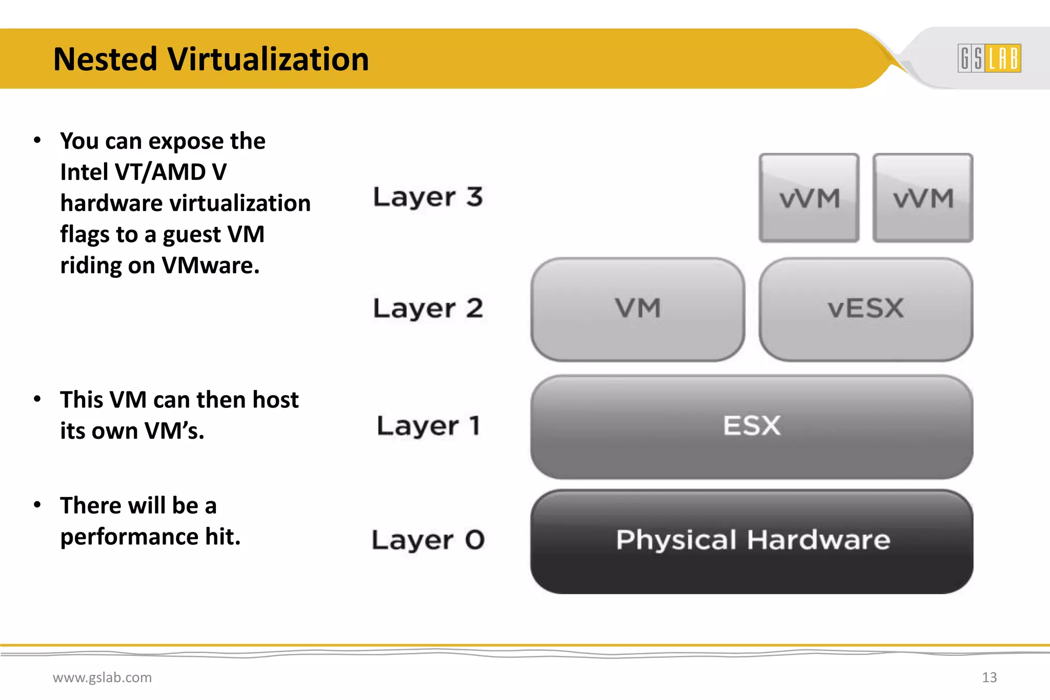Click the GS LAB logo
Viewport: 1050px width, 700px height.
point(989,58)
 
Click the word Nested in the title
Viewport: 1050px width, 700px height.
point(105,59)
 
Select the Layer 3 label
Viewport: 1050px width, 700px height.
point(428,197)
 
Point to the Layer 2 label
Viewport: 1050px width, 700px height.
point(428,308)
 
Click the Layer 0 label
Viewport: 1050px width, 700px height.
point(428,540)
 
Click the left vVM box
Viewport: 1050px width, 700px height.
point(809,198)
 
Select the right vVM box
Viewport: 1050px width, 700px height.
point(923,198)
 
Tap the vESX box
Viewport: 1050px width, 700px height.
point(865,309)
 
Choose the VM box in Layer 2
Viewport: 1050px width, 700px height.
point(638,309)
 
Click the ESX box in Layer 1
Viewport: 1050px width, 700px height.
point(752,426)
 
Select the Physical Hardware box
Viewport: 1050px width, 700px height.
point(752,541)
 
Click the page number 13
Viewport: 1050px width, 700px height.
point(989,677)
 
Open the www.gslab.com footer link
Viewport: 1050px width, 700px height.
point(102,677)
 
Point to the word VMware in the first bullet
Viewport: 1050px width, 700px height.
point(211,265)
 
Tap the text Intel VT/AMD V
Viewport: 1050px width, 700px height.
point(143,172)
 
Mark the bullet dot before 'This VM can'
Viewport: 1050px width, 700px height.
point(37,399)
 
